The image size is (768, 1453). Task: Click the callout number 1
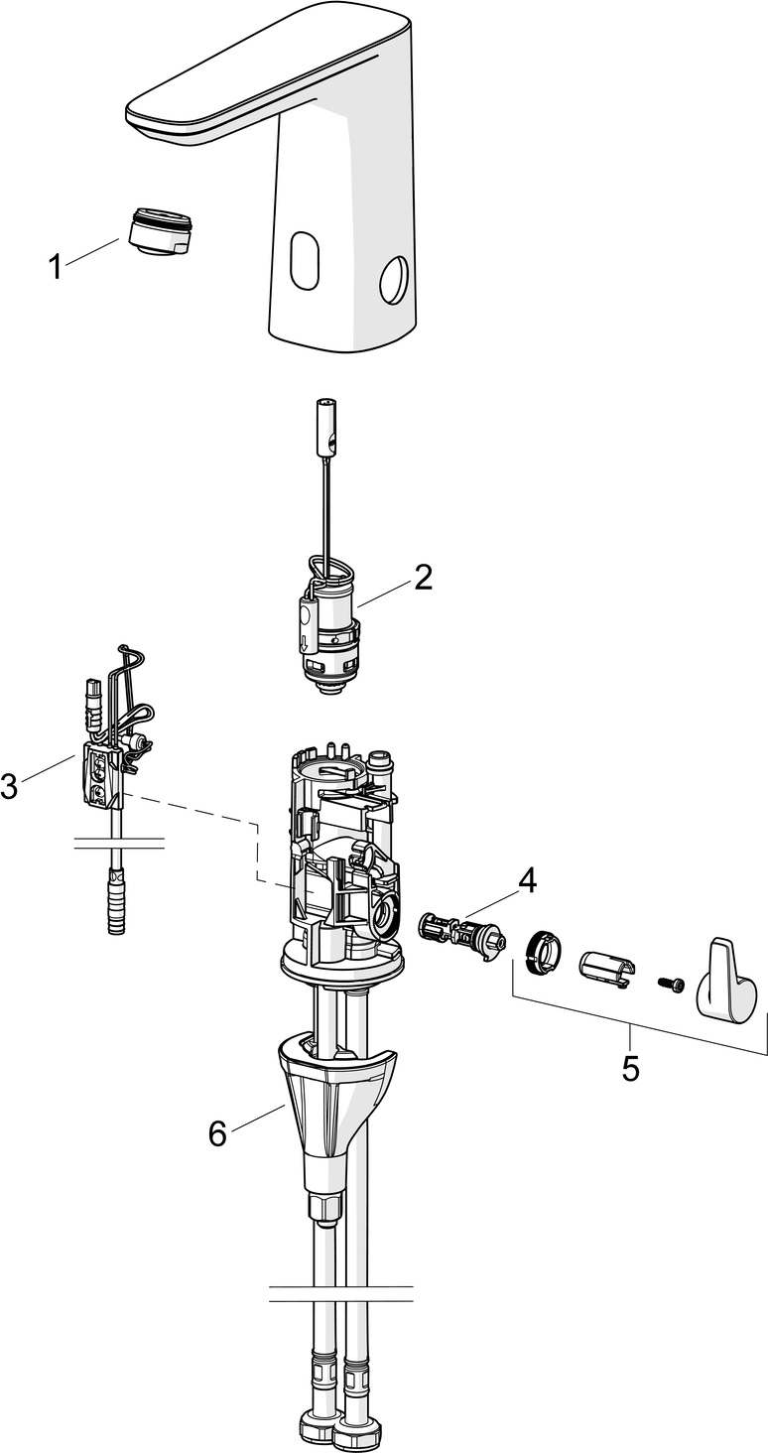(57, 267)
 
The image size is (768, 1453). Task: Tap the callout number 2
(423, 577)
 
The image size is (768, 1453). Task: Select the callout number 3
(9, 785)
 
